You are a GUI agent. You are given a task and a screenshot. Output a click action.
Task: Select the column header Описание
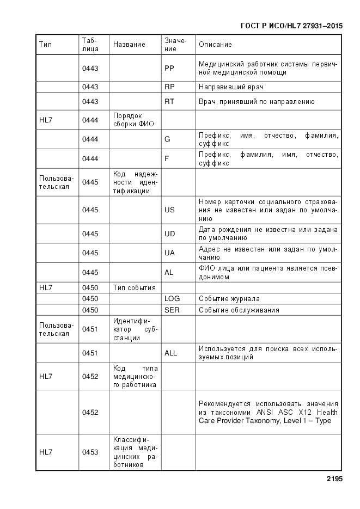click(x=215, y=45)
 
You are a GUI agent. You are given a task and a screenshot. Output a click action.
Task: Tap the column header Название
click(x=129, y=45)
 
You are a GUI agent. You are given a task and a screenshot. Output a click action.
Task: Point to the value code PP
click(x=169, y=68)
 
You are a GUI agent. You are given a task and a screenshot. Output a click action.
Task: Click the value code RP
click(x=169, y=87)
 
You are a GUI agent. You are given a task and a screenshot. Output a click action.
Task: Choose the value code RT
click(x=169, y=102)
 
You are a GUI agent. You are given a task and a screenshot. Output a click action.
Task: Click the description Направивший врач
click(x=231, y=87)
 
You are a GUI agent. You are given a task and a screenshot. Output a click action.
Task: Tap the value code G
click(x=167, y=139)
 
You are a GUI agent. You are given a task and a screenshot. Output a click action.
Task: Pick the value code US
click(x=169, y=210)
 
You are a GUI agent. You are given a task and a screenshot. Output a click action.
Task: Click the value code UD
click(x=169, y=234)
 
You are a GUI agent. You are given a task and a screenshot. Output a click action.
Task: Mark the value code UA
click(x=169, y=253)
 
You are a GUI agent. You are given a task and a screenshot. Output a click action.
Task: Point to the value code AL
click(x=169, y=272)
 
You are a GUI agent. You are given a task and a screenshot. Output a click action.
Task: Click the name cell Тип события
click(x=134, y=287)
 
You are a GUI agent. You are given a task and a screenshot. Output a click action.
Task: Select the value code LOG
click(x=172, y=299)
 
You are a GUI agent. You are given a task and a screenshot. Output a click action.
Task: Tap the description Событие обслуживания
click(x=239, y=310)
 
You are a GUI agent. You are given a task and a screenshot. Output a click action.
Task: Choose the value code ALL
click(x=170, y=353)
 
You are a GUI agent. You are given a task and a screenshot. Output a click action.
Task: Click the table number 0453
click(x=90, y=452)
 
